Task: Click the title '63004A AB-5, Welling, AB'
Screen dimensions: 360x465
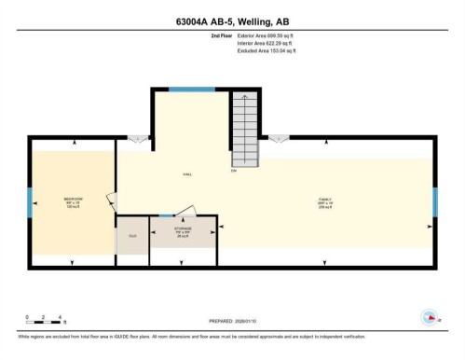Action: point(232,21)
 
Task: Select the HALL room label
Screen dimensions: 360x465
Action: point(186,174)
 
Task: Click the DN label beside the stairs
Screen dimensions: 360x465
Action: point(234,169)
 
